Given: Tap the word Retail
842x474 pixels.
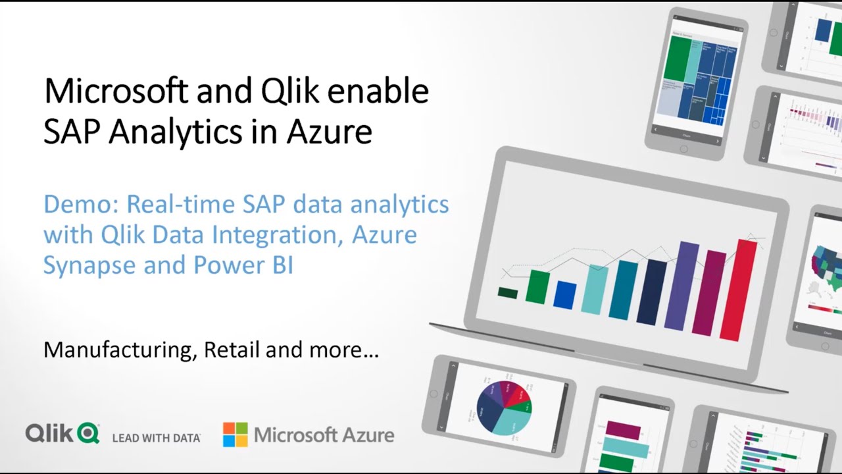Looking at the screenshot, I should click(x=232, y=350).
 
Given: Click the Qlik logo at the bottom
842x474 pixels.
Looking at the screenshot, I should click(x=62, y=433).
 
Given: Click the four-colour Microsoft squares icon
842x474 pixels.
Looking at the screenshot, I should click(x=235, y=434).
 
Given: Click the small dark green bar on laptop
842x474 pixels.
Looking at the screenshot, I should click(x=508, y=292).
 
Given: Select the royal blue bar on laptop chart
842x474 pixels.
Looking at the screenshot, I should click(x=564, y=295).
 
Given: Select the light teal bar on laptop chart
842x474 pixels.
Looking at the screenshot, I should click(x=595, y=290).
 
